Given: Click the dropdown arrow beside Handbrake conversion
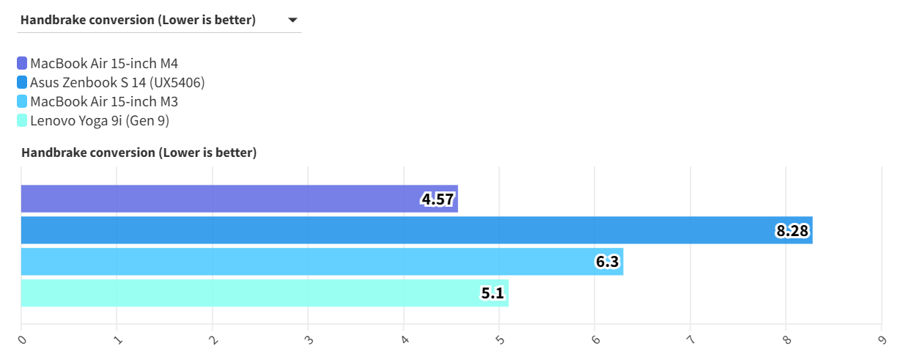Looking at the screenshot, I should (x=292, y=21).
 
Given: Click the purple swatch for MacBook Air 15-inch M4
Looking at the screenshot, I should (x=22, y=64).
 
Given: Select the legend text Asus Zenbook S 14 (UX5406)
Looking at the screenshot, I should (x=117, y=83).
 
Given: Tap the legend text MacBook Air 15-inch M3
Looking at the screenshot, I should (x=104, y=102).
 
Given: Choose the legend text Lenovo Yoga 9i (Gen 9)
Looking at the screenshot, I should (x=100, y=121).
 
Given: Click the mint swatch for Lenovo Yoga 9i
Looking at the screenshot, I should (x=22, y=121).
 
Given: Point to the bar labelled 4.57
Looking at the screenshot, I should (x=220, y=199).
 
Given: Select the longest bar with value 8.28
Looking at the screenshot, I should (x=396, y=230).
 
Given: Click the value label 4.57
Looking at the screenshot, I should (x=438, y=199).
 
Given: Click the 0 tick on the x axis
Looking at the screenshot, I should (x=23, y=340).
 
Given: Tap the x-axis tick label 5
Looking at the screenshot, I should (x=500, y=340).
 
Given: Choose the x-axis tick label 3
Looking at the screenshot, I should (x=309, y=340).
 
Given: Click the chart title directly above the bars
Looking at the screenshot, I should (x=139, y=153).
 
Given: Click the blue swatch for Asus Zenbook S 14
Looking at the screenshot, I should (x=22, y=83).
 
